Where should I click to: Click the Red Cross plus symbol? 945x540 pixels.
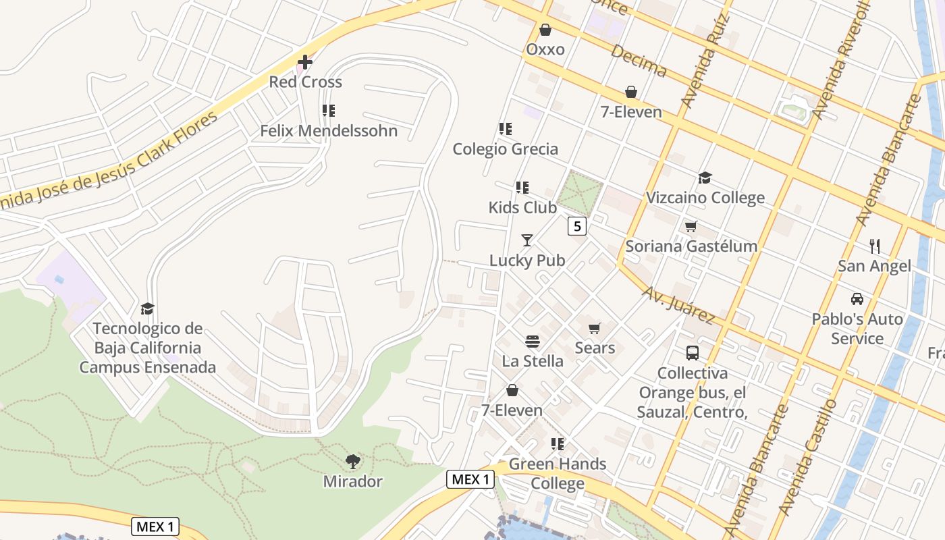tap(305, 63)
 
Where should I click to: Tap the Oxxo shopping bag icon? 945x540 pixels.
tap(545, 30)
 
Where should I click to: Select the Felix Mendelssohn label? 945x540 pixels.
tap(329, 130)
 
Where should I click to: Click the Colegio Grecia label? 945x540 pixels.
tap(505, 148)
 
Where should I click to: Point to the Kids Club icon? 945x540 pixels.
tap(522, 187)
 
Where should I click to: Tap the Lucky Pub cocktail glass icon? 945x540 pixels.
tap(527, 240)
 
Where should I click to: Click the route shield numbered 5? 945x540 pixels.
tap(576, 226)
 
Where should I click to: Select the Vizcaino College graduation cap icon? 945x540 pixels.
tap(705, 178)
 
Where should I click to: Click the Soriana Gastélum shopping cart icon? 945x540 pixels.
tap(691, 227)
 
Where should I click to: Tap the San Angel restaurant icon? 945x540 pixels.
tap(875, 246)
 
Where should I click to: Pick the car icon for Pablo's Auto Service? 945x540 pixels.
tap(857, 298)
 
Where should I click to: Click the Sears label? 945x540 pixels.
tap(595, 348)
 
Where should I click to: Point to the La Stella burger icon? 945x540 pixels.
tap(532, 342)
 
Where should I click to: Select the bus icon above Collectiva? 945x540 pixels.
tap(692, 353)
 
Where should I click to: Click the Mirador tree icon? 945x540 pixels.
tap(352, 462)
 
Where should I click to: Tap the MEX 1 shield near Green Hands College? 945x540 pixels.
tap(470, 479)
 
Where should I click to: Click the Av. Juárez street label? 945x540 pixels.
tap(678, 304)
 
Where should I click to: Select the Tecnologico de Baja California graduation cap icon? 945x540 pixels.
tap(147, 309)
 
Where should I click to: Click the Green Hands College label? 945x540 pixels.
tap(558, 473)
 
